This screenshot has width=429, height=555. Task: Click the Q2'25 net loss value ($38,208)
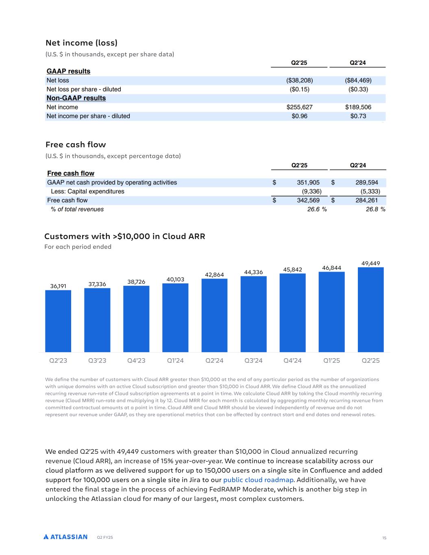pyautogui.click(x=299, y=81)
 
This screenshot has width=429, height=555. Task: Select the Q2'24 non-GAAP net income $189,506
pyautogui.click(x=358, y=107)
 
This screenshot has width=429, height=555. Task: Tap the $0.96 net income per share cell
pyautogui.click(x=299, y=116)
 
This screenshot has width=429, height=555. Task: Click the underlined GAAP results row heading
pyautogui.click(x=68, y=72)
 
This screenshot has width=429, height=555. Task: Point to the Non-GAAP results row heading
pyautogui.click(x=76, y=98)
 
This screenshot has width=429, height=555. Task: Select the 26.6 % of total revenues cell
pyautogui.click(x=317, y=209)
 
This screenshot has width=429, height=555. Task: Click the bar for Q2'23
pyautogui.click(x=58, y=321)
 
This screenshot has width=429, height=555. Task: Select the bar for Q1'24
pyautogui.click(x=175, y=318)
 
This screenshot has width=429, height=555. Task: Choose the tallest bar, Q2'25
pyautogui.click(x=370, y=309)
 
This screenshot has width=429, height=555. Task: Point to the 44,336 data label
pyautogui.click(x=253, y=272)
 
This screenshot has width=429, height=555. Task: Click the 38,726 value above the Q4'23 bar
pyautogui.click(x=136, y=282)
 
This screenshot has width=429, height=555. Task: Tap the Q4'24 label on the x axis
pyautogui.click(x=292, y=361)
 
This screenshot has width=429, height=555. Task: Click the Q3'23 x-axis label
pyautogui.click(x=97, y=361)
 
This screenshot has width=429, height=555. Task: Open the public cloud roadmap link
pyautogui.click(x=258, y=480)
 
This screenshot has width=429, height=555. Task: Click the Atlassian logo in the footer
pyautogui.click(x=65, y=537)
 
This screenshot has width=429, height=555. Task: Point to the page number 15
pyautogui.click(x=384, y=538)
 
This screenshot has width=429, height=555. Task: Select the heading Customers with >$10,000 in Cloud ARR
pyautogui.click(x=124, y=236)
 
